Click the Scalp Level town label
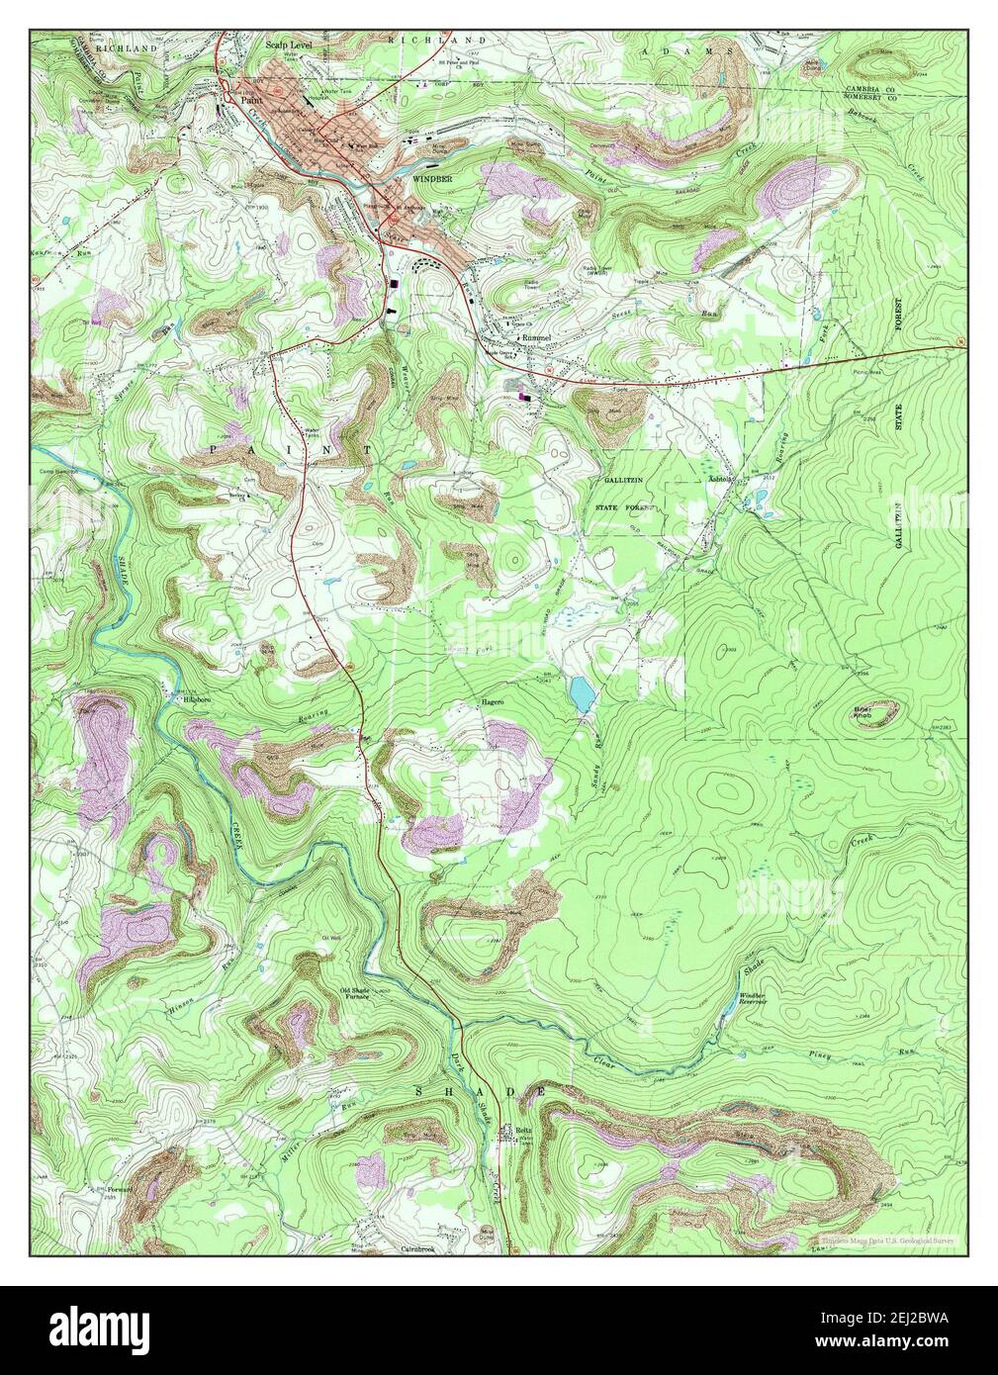coord(288,46)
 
